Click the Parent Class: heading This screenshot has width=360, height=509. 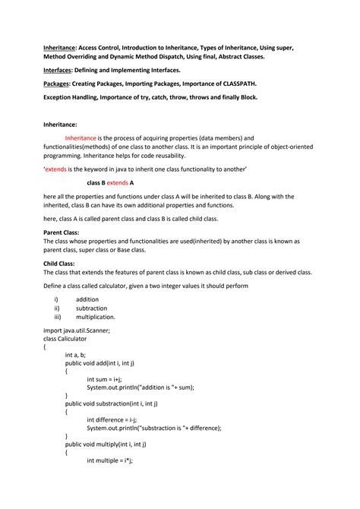point(62,232)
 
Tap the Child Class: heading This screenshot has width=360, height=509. point(60,262)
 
